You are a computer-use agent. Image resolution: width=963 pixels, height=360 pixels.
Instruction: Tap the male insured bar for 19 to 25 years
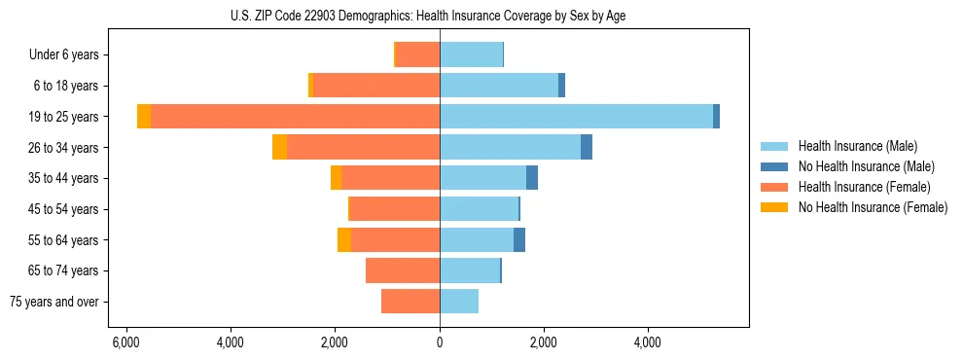tap(576, 117)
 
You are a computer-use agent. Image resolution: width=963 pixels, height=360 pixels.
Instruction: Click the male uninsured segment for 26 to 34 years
tap(587, 147)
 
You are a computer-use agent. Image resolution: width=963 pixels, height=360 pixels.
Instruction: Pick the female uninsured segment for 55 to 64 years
tap(344, 239)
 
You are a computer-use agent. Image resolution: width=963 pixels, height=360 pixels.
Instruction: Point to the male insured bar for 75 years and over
tap(459, 302)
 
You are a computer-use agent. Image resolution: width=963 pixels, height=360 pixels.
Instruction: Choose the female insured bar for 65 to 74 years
tap(403, 270)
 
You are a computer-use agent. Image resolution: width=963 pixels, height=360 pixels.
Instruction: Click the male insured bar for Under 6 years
tap(471, 54)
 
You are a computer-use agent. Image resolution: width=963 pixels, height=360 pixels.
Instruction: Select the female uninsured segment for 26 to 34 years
tap(279, 147)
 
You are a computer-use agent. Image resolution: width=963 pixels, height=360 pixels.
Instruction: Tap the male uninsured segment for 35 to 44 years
tap(532, 178)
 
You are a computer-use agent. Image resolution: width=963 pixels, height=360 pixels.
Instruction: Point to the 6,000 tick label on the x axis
tap(125, 342)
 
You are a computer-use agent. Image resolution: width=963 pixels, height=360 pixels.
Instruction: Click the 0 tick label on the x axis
tap(440, 342)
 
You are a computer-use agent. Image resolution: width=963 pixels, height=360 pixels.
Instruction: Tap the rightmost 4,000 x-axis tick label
tap(648, 342)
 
